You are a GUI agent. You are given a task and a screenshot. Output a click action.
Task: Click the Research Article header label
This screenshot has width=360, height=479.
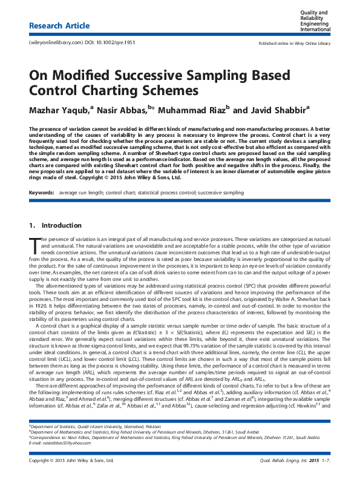point(59,26)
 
